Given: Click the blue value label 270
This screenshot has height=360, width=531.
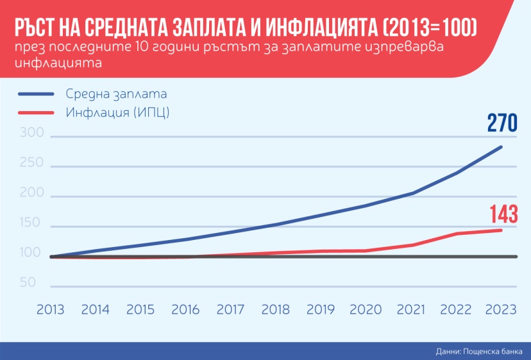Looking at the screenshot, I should click(501, 123).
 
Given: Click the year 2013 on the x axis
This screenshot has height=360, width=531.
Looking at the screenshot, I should click(50, 309).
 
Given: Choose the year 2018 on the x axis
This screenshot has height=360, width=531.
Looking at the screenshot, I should click(275, 309).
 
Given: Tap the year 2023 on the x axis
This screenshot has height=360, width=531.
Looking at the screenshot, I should click(501, 309).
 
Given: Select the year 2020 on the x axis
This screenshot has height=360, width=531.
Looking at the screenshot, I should click(366, 309).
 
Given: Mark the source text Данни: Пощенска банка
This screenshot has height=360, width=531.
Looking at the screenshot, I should click(478, 350).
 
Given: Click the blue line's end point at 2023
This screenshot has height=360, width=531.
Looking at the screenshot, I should click(501, 147).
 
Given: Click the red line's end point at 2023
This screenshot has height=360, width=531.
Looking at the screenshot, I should click(501, 230).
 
